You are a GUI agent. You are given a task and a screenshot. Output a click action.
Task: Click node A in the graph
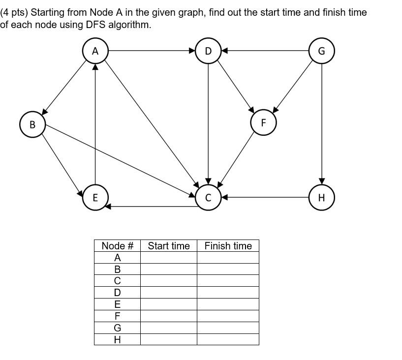(95, 51)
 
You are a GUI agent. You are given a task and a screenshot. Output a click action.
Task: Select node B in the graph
(32, 124)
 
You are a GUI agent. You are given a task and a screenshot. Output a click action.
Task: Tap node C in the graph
(208, 198)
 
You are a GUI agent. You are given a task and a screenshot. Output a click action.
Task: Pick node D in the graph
(208, 51)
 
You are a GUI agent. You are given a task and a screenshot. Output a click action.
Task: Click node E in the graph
(95, 197)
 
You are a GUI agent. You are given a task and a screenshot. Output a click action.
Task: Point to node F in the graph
(263, 122)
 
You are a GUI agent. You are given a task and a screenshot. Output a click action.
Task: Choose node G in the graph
(322, 51)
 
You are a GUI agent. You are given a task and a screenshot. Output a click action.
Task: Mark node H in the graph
(322, 197)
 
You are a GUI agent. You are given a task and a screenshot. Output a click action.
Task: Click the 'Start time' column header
(168, 246)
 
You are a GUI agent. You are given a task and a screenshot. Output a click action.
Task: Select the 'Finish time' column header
(228, 246)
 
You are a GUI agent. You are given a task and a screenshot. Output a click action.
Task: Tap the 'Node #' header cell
(117, 246)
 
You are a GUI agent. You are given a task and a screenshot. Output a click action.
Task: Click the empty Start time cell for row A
(168, 258)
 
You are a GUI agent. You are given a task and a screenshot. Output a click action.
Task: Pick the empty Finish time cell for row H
(228, 339)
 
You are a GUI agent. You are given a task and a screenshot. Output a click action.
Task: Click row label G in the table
(117, 328)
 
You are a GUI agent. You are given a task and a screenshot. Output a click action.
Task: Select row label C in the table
(117, 281)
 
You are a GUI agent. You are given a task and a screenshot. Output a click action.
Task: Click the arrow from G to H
(322, 123)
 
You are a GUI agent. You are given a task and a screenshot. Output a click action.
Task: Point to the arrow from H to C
(266, 197)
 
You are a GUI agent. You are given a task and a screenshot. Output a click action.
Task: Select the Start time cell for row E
(168, 304)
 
